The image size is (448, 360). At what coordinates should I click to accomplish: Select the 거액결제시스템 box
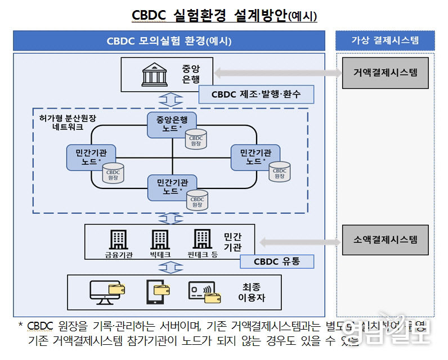click(x=386, y=73)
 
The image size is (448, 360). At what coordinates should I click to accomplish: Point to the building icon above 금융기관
click(x=118, y=239)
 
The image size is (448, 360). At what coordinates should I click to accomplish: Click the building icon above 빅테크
click(x=160, y=239)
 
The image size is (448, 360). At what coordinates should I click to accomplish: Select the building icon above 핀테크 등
click(x=202, y=239)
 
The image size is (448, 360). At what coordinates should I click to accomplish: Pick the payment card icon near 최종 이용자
click(x=203, y=291)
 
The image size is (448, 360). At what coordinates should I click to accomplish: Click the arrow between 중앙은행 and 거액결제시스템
click(x=277, y=73)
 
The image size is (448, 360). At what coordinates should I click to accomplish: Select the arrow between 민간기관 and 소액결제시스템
click(x=299, y=241)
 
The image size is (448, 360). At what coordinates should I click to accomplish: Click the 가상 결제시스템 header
click(x=385, y=40)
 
